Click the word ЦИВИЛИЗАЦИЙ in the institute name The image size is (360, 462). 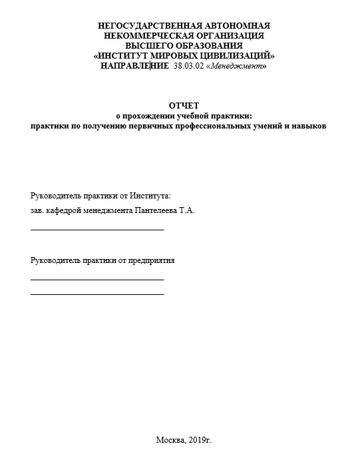click(x=236, y=56)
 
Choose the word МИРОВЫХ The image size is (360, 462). click(x=174, y=56)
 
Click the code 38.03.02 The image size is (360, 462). click(x=188, y=67)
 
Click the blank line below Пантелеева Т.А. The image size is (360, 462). click(x=97, y=229)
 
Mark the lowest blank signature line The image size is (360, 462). click(x=97, y=294)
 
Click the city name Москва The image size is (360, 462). click(x=169, y=440)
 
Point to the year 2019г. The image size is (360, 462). click(x=200, y=440)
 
